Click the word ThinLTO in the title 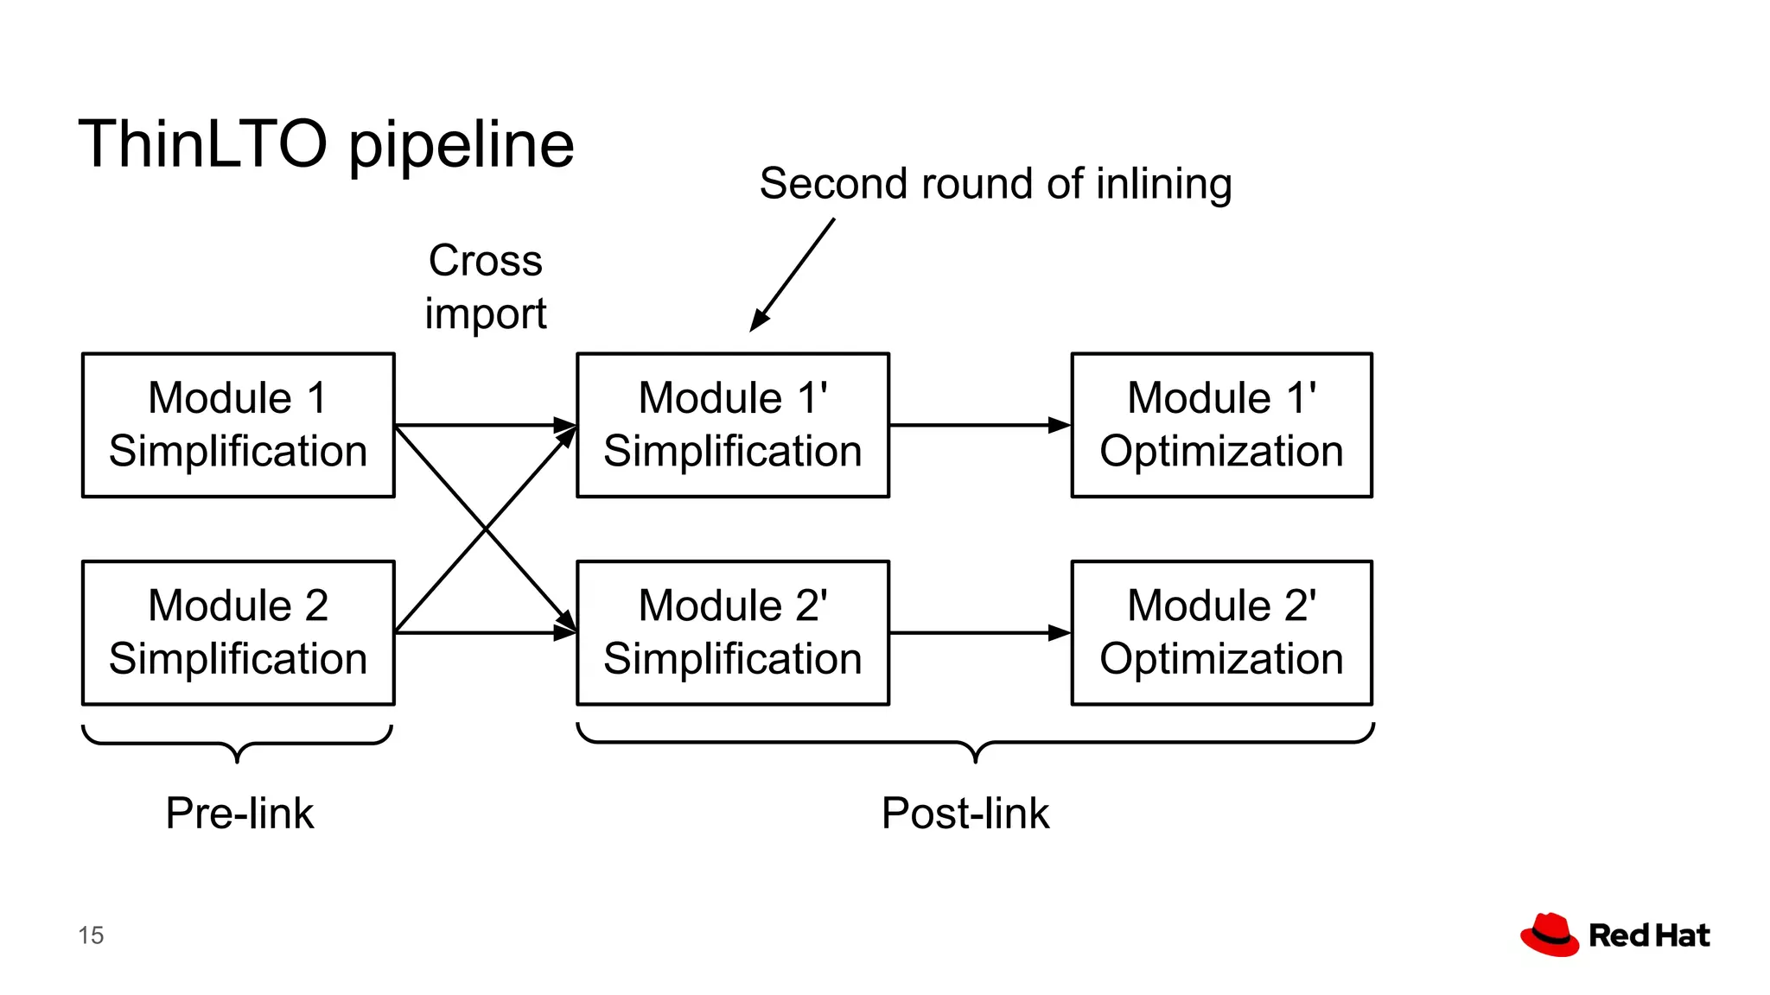[x=203, y=144]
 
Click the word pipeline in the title [x=461, y=147]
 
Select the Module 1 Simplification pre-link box [x=239, y=425]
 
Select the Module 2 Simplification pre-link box [x=239, y=632]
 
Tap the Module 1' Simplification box [x=733, y=425]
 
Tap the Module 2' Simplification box [x=733, y=632]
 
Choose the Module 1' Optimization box [x=1221, y=425]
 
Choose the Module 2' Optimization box [x=1221, y=632]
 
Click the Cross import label [x=486, y=287]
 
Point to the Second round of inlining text [x=995, y=184]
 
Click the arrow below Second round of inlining [x=793, y=274]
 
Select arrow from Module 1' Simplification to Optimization [x=980, y=425]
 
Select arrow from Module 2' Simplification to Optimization [x=980, y=633]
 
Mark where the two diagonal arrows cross [x=486, y=529]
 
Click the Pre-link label [x=239, y=813]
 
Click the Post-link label [x=965, y=813]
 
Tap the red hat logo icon [x=1550, y=935]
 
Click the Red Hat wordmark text [x=1649, y=935]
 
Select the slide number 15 [x=91, y=935]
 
